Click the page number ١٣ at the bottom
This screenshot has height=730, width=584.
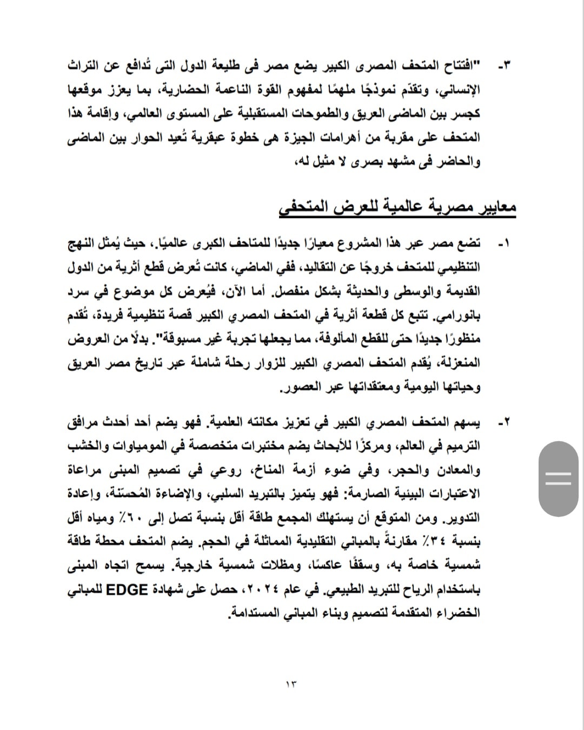pos(291,684)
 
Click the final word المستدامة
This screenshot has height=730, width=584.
pos(249,613)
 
